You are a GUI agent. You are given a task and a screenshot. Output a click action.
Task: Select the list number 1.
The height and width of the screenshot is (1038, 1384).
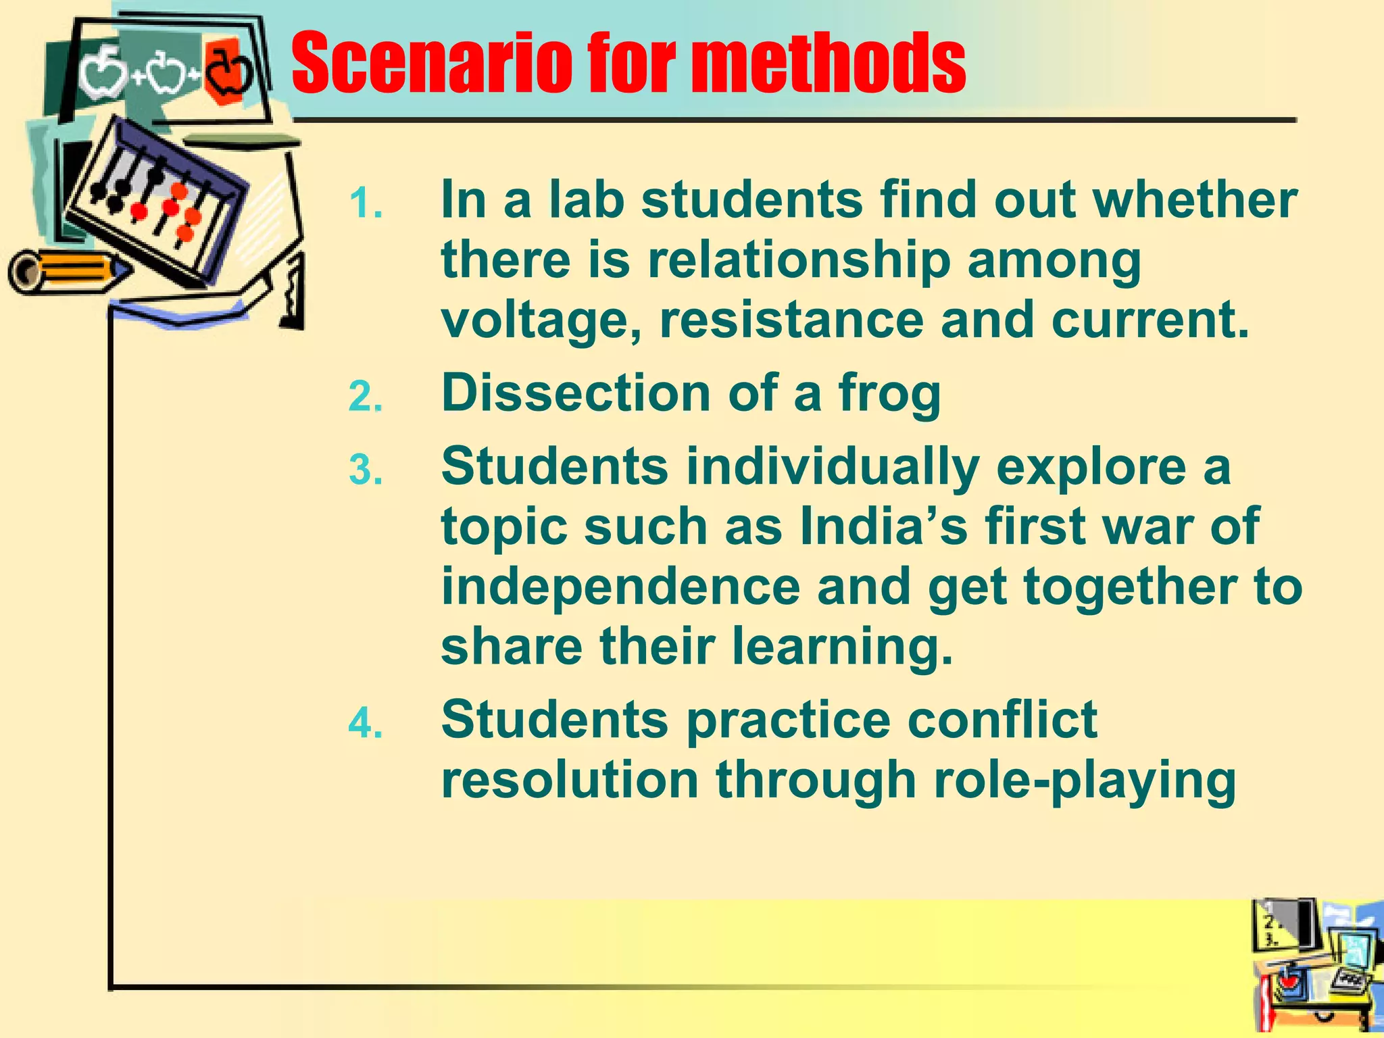pos(366,203)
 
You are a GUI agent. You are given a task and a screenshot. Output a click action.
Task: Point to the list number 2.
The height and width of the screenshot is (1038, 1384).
pos(366,397)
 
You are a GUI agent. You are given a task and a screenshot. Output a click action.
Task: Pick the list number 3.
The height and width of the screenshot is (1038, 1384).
pos(366,470)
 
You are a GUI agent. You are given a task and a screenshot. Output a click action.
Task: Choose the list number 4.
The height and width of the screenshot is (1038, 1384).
pos(366,724)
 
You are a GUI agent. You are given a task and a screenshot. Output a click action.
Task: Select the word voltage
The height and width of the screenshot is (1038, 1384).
pos(541,321)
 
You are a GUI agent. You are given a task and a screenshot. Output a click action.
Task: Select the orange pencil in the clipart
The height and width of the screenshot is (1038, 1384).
pos(68,272)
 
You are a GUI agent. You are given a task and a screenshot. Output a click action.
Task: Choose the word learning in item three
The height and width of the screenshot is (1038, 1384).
pos(842,646)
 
